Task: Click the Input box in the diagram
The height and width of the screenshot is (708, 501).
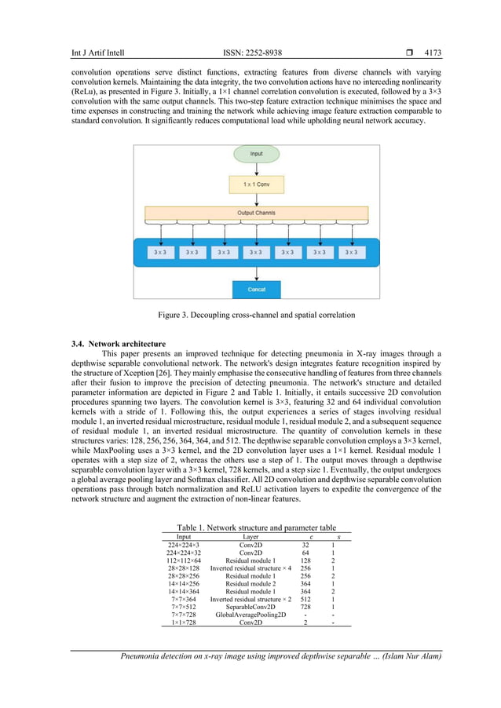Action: (256, 153)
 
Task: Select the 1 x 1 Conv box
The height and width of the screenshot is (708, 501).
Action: (256, 184)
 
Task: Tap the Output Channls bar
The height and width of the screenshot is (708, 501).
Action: (256, 213)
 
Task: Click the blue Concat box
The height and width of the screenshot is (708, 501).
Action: (256, 289)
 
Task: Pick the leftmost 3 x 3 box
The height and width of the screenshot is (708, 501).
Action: (160, 253)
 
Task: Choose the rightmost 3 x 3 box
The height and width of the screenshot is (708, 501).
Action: (352, 253)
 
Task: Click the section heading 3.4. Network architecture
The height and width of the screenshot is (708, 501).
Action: (119, 344)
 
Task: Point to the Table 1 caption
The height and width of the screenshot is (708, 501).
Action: (256, 527)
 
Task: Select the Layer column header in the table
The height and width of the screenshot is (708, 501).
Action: (251, 537)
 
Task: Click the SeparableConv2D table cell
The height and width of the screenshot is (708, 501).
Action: (251, 607)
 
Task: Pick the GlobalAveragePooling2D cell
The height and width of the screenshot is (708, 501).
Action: (251, 615)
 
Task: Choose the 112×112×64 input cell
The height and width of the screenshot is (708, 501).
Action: (185, 562)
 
